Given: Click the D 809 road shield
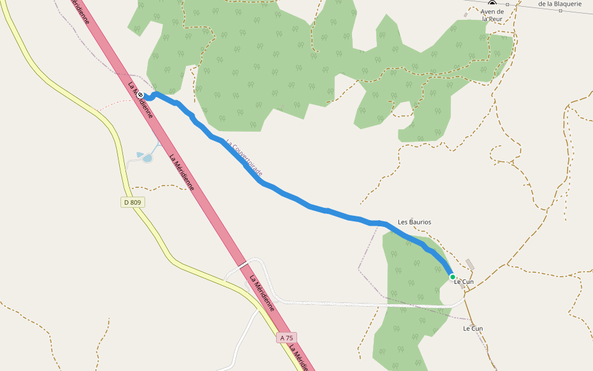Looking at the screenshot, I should point(132,202).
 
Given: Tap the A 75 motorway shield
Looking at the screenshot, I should point(287,338).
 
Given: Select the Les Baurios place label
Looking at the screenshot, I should point(414,222).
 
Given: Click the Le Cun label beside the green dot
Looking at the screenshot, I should point(464,282).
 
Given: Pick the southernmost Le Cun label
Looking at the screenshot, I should point(473,328).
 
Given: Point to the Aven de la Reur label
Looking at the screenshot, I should point(492,15).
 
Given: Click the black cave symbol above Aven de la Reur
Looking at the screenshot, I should point(492,3).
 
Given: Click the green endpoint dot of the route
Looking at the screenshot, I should point(453,277).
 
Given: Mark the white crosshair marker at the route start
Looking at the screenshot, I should point(141,95).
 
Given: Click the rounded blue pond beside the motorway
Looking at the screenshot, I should point(148,158).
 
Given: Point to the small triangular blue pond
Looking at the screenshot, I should point(140,154).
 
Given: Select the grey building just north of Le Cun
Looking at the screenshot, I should point(470,264).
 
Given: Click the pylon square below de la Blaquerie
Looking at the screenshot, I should point(560,11).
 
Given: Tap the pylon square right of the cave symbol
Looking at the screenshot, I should point(507,4).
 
